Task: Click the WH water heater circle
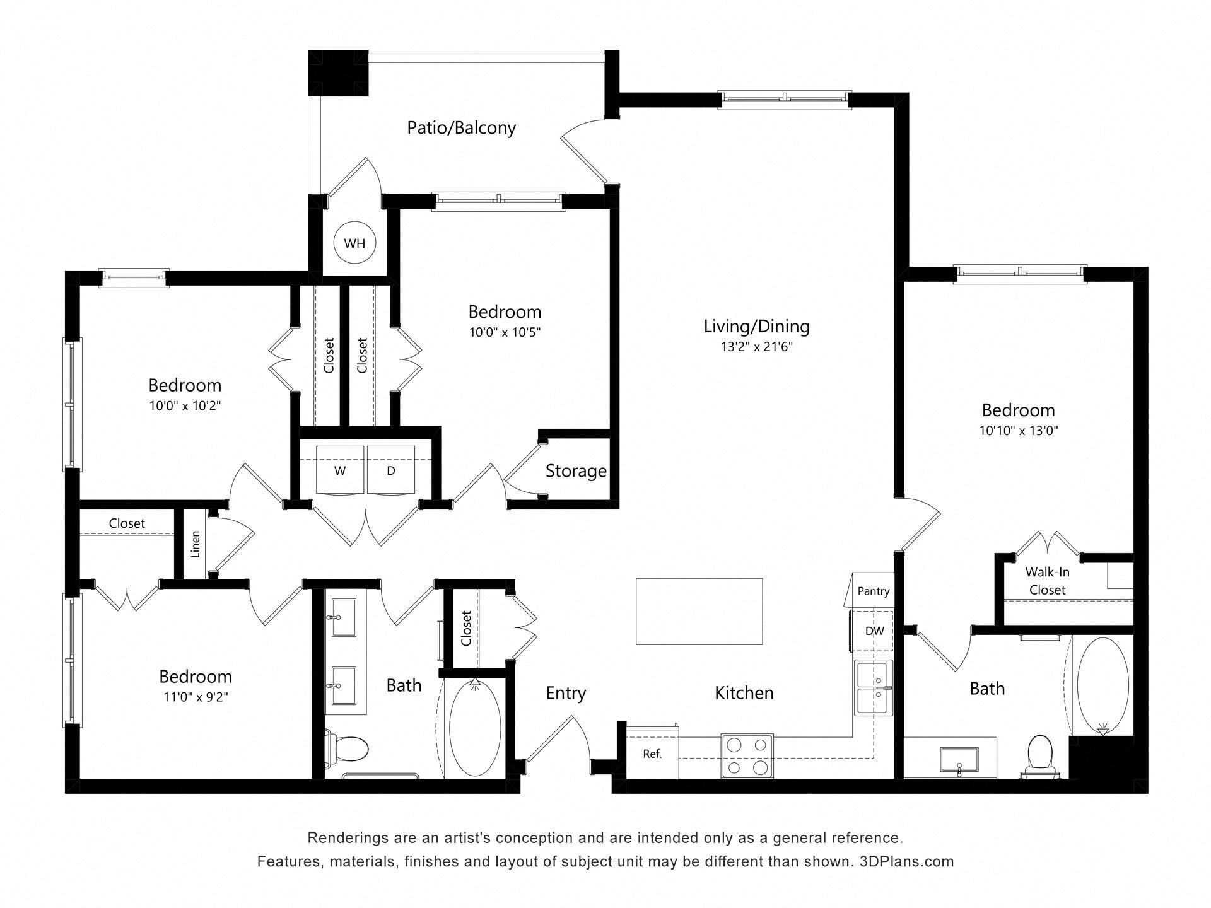click(354, 243)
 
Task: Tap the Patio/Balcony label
click(461, 128)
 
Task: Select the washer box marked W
click(340, 470)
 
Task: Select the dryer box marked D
click(391, 470)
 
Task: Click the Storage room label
click(576, 471)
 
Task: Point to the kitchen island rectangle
click(699, 611)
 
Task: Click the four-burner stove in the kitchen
click(747, 756)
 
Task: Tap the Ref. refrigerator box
click(652, 754)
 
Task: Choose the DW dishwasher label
click(874, 631)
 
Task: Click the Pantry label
click(874, 591)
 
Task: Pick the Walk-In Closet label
click(1047, 581)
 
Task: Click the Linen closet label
click(196, 544)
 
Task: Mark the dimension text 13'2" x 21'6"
click(756, 347)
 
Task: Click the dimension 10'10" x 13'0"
click(1018, 431)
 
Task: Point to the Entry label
click(566, 693)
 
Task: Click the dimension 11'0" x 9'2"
click(195, 697)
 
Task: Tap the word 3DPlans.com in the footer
click(906, 861)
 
